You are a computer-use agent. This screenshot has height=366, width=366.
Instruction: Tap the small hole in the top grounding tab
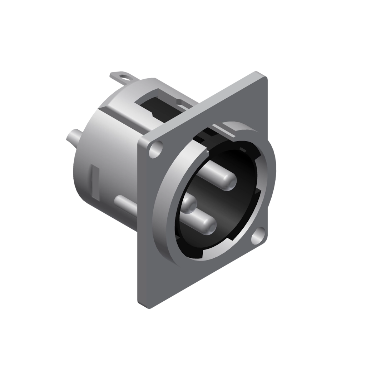pyautogui.click(x=124, y=76)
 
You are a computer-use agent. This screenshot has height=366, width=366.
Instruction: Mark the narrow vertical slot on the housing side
pyautogui.click(x=95, y=180)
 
